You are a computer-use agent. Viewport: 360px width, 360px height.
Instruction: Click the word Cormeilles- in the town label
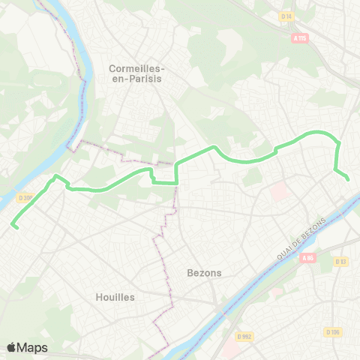click(136, 68)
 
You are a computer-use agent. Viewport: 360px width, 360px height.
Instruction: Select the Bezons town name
click(205, 273)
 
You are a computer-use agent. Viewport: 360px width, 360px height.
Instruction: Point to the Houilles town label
click(115, 297)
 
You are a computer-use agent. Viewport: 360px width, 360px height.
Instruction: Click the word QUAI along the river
click(286, 253)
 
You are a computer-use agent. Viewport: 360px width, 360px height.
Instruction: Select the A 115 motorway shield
click(300, 37)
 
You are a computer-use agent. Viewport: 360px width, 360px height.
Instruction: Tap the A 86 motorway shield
click(307, 258)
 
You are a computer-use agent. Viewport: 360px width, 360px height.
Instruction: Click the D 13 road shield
click(340, 261)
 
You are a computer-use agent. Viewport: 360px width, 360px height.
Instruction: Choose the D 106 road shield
click(333, 331)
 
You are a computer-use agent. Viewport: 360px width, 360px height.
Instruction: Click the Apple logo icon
click(12, 347)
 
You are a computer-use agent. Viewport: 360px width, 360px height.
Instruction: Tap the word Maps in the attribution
click(33, 347)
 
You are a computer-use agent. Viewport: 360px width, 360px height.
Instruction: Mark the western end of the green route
click(13, 225)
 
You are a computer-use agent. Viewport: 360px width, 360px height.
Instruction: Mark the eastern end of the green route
click(349, 178)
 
